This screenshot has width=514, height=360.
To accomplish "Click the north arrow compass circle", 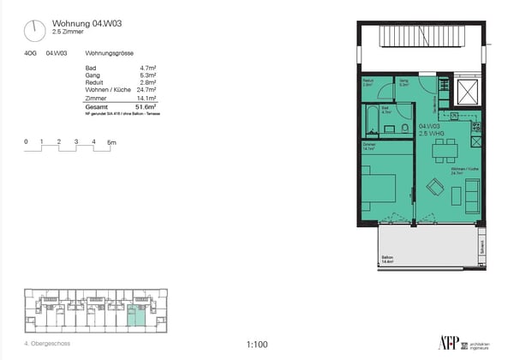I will pyautogui.click(x=34, y=31).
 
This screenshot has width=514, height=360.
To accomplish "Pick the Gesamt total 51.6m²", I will pyautogui.click(x=146, y=107).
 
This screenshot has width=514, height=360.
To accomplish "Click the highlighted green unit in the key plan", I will pyautogui.click(x=131, y=320).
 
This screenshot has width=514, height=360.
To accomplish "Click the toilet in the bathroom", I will pyautogui.click(x=403, y=129).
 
